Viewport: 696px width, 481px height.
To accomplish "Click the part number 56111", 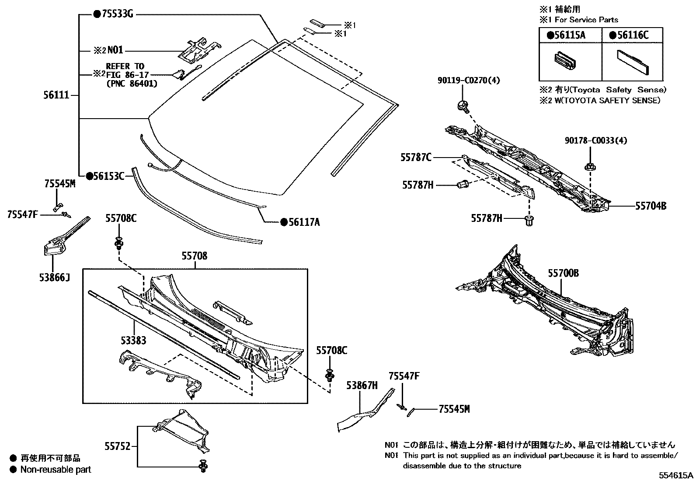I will point(57,95).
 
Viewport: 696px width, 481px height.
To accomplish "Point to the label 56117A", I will point(303,223).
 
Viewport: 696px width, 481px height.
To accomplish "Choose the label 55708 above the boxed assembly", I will point(195,256).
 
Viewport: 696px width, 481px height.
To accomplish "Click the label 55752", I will point(118,446).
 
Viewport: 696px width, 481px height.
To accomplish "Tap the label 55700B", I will point(564,274).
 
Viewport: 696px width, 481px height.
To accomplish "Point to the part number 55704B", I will point(651,205).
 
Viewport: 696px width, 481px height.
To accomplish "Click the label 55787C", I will point(416,157).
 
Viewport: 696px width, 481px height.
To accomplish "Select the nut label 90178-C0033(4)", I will point(596,140).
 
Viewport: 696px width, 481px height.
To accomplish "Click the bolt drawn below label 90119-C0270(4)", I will point(461,105).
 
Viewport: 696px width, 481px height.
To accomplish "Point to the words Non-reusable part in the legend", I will point(56,470).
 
